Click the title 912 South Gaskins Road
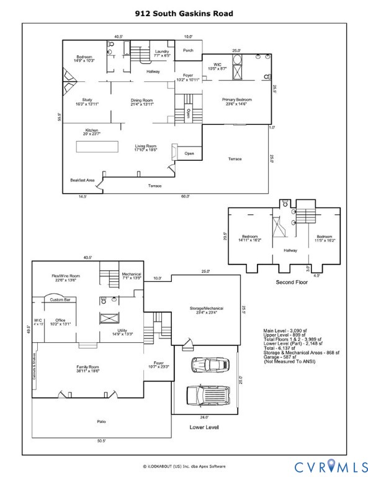[x=184, y=12]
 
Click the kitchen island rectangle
[x=96, y=147]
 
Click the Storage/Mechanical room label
[x=206, y=311]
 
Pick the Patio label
[x=101, y=422]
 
